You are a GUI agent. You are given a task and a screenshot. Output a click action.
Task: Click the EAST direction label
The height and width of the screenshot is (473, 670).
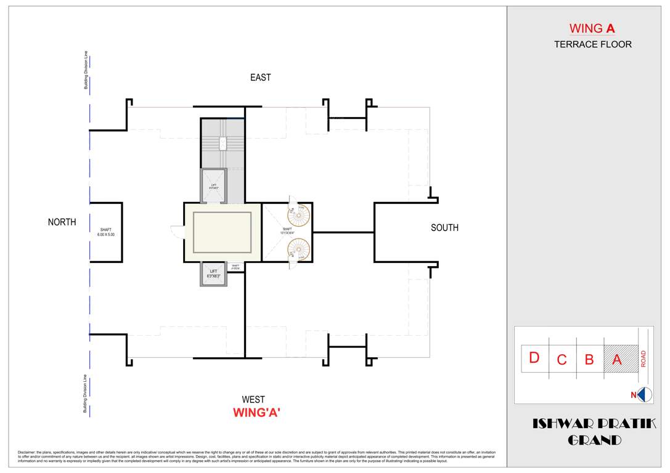pyautogui.click(x=260, y=78)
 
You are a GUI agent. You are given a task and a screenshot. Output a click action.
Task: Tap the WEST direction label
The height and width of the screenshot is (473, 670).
pyautogui.click(x=253, y=400)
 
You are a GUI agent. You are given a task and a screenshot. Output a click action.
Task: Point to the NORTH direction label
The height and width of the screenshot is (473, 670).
pyautogui.click(x=62, y=222)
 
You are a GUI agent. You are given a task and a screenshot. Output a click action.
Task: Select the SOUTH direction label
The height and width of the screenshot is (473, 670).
pyautogui.click(x=444, y=228)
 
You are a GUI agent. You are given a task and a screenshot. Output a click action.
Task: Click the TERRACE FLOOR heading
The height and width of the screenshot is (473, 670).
pyautogui.click(x=592, y=44)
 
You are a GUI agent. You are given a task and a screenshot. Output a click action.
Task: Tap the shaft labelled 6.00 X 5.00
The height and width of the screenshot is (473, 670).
pyautogui.click(x=105, y=232)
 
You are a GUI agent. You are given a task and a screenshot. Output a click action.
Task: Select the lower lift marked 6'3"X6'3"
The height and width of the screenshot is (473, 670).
pyautogui.click(x=213, y=274)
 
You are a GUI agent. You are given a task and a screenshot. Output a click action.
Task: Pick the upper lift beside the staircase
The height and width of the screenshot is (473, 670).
pyautogui.click(x=213, y=185)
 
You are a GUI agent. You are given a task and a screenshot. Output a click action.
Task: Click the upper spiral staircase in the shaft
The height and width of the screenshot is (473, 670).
pyautogui.click(x=300, y=217)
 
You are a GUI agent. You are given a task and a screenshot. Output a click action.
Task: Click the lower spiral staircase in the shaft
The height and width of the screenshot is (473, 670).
pyautogui.click(x=300, y=249)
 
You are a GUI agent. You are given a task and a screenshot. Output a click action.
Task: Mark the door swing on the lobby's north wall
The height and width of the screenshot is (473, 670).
pyautogui.click(x=178, y=232)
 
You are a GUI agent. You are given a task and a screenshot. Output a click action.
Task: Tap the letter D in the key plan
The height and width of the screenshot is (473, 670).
pyautogui.click(x=534, y=357)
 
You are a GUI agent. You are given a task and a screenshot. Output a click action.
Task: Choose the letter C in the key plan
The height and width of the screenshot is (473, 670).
pyautogui.click(x=562, y=360)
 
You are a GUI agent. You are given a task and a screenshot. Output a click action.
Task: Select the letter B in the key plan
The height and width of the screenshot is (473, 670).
pyautogui.click(x=589, y=360)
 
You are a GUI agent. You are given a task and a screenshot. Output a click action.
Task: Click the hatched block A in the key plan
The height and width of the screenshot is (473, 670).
pyautogui.click(x=619, y=358)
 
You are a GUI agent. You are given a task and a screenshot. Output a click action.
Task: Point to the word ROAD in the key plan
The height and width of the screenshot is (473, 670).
pyautogui.click(x=643, y=358)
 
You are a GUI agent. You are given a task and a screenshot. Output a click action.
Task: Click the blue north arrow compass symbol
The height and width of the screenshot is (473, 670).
pyautogui.click(x=644, y=395)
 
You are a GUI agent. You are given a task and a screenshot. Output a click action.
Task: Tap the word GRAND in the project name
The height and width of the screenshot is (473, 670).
pyautogui.click(x=594, y=440)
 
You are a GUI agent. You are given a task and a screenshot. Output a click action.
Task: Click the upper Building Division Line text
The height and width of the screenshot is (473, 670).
pyautogui.click(x=86, y=70)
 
